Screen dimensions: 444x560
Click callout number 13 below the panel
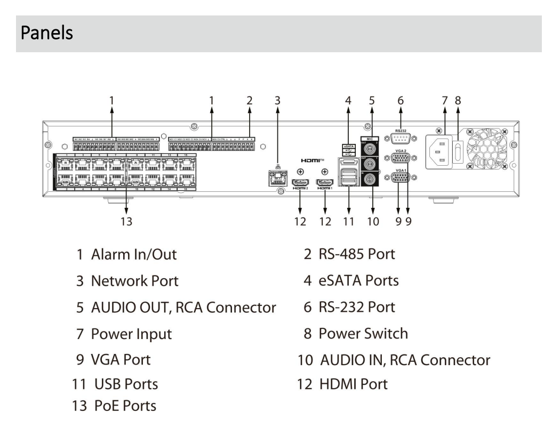(126, 221)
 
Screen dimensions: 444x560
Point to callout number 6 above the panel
(401, 99)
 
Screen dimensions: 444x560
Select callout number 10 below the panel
(373, 221)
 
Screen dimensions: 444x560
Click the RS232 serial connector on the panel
(401, 139)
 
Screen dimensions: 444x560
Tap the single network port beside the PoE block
(276, 178)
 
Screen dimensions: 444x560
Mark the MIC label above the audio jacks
(373, 138)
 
